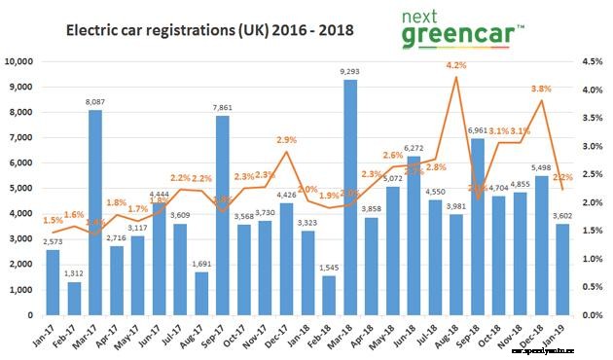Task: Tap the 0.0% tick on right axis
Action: tap(590, 315)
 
